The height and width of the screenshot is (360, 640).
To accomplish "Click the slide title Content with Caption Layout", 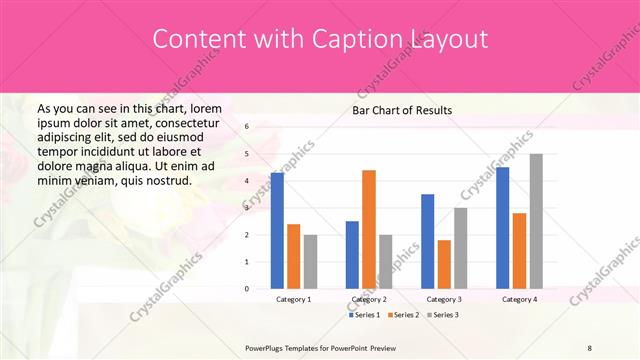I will point(320,39).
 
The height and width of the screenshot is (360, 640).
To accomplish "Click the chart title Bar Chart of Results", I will point(402,110).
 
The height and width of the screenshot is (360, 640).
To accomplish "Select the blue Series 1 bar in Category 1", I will point(277,230).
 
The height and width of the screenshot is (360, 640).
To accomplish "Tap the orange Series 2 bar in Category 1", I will point(293,256).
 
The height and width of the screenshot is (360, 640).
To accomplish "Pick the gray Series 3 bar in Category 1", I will point(310,261).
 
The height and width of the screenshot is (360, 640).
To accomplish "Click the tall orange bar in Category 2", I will point(369,229).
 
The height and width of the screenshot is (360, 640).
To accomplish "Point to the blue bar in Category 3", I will point(428,241).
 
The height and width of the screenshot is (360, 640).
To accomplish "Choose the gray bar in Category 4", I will point(536,221).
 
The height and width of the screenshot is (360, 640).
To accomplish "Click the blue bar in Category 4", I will point(503,228).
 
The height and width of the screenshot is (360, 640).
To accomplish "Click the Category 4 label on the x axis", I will point(519,299).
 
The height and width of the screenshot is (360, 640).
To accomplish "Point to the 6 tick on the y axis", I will point(247,127).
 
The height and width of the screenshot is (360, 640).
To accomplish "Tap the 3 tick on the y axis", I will point(247,208).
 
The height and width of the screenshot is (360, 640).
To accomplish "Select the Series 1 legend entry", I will point(364,315).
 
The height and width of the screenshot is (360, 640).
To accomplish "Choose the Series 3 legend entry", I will point(443,315).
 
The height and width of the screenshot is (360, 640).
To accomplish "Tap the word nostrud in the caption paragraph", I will point(166,180).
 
